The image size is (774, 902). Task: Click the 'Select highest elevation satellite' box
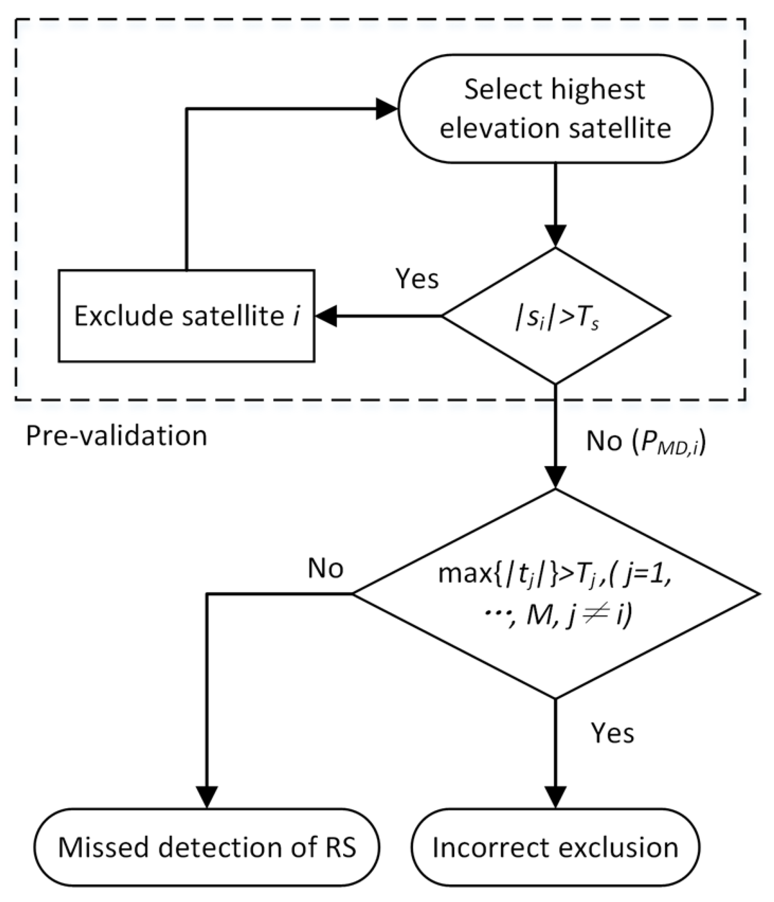tap(555, 109)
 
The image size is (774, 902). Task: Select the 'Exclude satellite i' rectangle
tap(186, 316)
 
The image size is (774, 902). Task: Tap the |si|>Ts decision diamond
tap(555, 316)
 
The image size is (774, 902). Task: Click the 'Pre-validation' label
tap(116, 436)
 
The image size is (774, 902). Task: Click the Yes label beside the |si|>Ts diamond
tap(416, 279)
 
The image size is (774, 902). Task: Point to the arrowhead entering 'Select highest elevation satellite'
tap(386, 109)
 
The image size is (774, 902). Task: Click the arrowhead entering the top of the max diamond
tap(555, 477)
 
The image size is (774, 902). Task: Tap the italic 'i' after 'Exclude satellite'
tap(296, 316)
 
